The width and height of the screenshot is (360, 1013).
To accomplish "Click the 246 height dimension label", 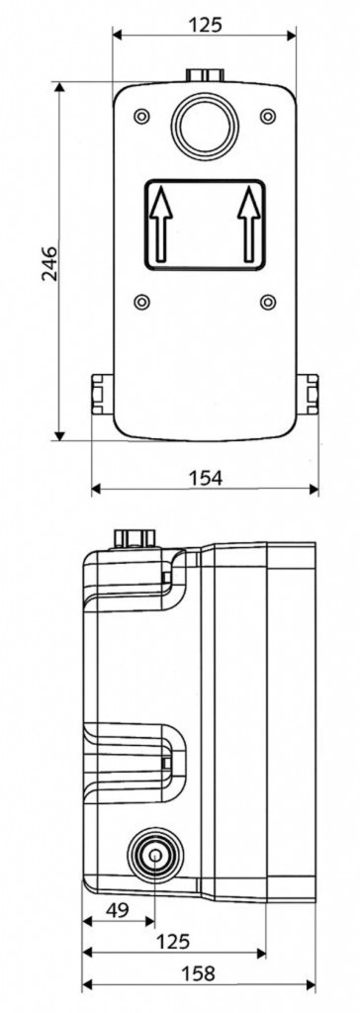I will pyautogui.click(x=49, y=261).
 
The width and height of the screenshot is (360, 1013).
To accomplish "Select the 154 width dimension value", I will pyautogui.click(x=206, y=478).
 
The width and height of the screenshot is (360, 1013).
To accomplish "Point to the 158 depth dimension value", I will pyautogui.click(x=199, y=973).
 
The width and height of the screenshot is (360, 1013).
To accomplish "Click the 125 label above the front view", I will pyautogui.click(x=206, y=23).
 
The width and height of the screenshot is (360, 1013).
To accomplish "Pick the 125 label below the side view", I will pyautogui.click(x=173, y=942).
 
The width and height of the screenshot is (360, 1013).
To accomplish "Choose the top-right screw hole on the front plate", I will pyautogui.click(x=267, y=116).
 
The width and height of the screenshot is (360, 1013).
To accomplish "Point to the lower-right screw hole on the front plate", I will pyautogui.click(x=267, y=301).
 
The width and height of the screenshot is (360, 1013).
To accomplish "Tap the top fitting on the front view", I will pyautogui.click(x=205, y=76).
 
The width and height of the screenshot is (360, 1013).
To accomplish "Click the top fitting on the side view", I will pyautogui.click(x=135, y=537).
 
